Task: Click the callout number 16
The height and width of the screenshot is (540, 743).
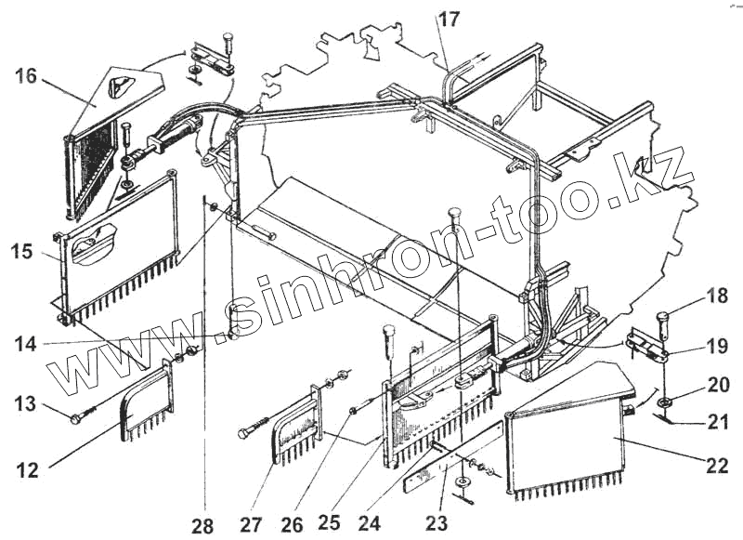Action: (x=25, y=76)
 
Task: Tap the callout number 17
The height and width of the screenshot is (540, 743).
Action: (x=450, y=18)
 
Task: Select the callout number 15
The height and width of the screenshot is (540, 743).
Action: (x=24, y=252)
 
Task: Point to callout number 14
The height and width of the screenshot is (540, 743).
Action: (x=25, y=344)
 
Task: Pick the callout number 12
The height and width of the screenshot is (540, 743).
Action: (x=27, y=470)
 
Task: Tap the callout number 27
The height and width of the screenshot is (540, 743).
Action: (x=252, y=525)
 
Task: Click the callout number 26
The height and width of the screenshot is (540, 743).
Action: (x=292, y=524)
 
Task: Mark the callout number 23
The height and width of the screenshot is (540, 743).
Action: (x=437, y=523)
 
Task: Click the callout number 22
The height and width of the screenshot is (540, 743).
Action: (x=716, y=466)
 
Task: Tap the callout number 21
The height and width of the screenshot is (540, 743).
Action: (x=716, y=424)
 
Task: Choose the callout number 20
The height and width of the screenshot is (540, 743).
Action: (x=716, y=385)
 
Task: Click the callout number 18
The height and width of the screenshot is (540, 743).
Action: (x=716, y=297)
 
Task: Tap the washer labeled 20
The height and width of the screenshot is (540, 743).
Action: (x=663, y=402)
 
